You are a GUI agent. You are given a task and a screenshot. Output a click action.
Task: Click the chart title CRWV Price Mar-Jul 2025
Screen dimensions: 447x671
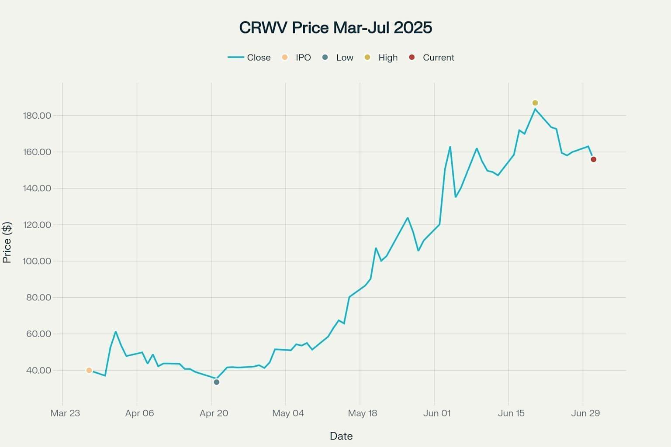coord(335,28)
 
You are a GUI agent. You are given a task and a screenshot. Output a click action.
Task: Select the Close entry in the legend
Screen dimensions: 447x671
coord(249,58)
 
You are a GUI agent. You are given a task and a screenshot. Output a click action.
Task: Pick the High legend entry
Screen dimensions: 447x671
coord(381,58)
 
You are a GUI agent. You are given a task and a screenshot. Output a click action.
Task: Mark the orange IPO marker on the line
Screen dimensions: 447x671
coord(89,370)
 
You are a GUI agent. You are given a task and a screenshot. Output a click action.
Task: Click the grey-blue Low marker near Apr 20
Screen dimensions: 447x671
coord(216,382)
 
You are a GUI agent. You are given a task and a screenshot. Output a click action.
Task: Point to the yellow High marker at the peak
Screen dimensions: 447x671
coord(535,103)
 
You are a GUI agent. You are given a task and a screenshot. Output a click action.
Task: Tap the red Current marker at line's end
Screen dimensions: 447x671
coord(593,159)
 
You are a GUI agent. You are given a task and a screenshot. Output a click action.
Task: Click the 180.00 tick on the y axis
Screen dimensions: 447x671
coord(37,116)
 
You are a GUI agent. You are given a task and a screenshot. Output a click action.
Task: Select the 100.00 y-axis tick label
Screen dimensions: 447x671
coord(37,261)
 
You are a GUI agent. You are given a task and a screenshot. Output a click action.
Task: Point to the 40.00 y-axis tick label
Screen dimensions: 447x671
coord(39,370)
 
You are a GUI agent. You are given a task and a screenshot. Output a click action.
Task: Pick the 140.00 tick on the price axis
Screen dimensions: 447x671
coord(37,188)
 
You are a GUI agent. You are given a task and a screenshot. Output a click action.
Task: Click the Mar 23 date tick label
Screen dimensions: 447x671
coord(65,413)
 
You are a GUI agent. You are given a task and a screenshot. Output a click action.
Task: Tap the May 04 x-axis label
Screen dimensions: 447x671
coord(288,413)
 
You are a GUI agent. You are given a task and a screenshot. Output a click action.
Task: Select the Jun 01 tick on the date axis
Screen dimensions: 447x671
coord(436,413)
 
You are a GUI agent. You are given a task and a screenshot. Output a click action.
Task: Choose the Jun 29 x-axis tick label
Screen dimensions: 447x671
coord(585,413)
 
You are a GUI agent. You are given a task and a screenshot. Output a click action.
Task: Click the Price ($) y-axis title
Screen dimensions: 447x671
coord(7,242)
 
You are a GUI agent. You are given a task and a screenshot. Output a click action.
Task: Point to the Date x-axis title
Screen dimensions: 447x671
coord(341,436)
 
